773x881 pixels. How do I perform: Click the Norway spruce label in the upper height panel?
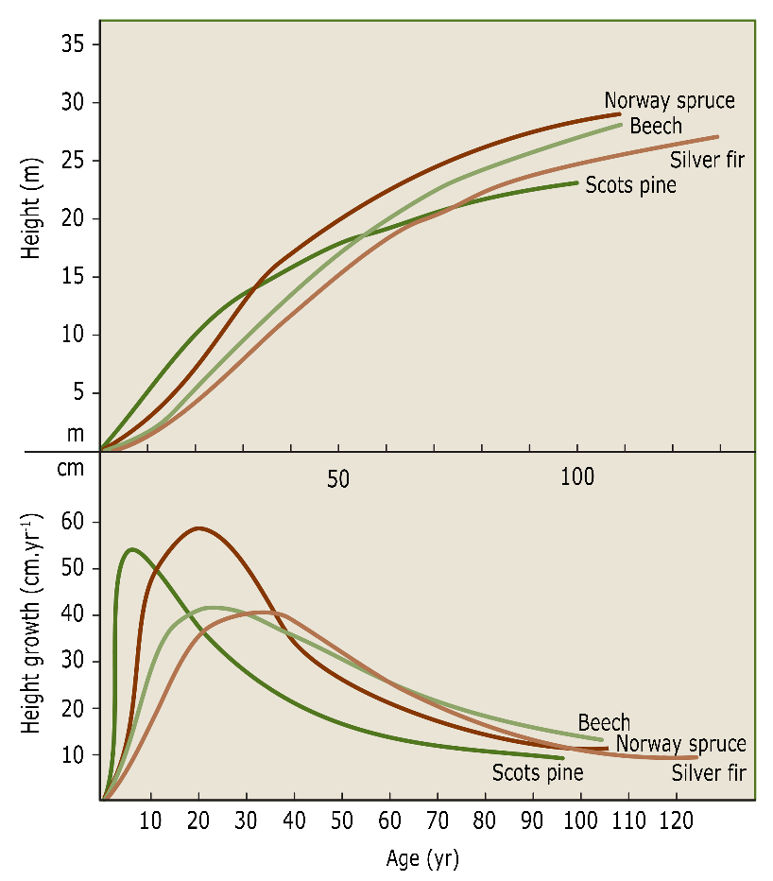coord(669,100)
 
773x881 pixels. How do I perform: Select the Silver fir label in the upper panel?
coord(707,159)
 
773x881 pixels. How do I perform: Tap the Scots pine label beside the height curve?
coord(630,184)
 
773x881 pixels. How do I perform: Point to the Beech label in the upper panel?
coord(655,126)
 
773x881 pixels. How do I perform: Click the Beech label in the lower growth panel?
coord(604,723)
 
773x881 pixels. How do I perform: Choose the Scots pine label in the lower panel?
coord(537,772)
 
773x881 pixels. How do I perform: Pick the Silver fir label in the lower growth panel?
coord(709,772)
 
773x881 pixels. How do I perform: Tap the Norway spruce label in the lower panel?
coord(680,744)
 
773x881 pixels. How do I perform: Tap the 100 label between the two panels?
coord(576,476)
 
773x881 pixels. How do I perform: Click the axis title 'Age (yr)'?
coord(422,859)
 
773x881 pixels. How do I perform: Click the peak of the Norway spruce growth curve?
coord(198,527)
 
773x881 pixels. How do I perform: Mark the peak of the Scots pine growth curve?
coord(130,548)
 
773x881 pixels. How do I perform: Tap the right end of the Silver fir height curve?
coord(717,136)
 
